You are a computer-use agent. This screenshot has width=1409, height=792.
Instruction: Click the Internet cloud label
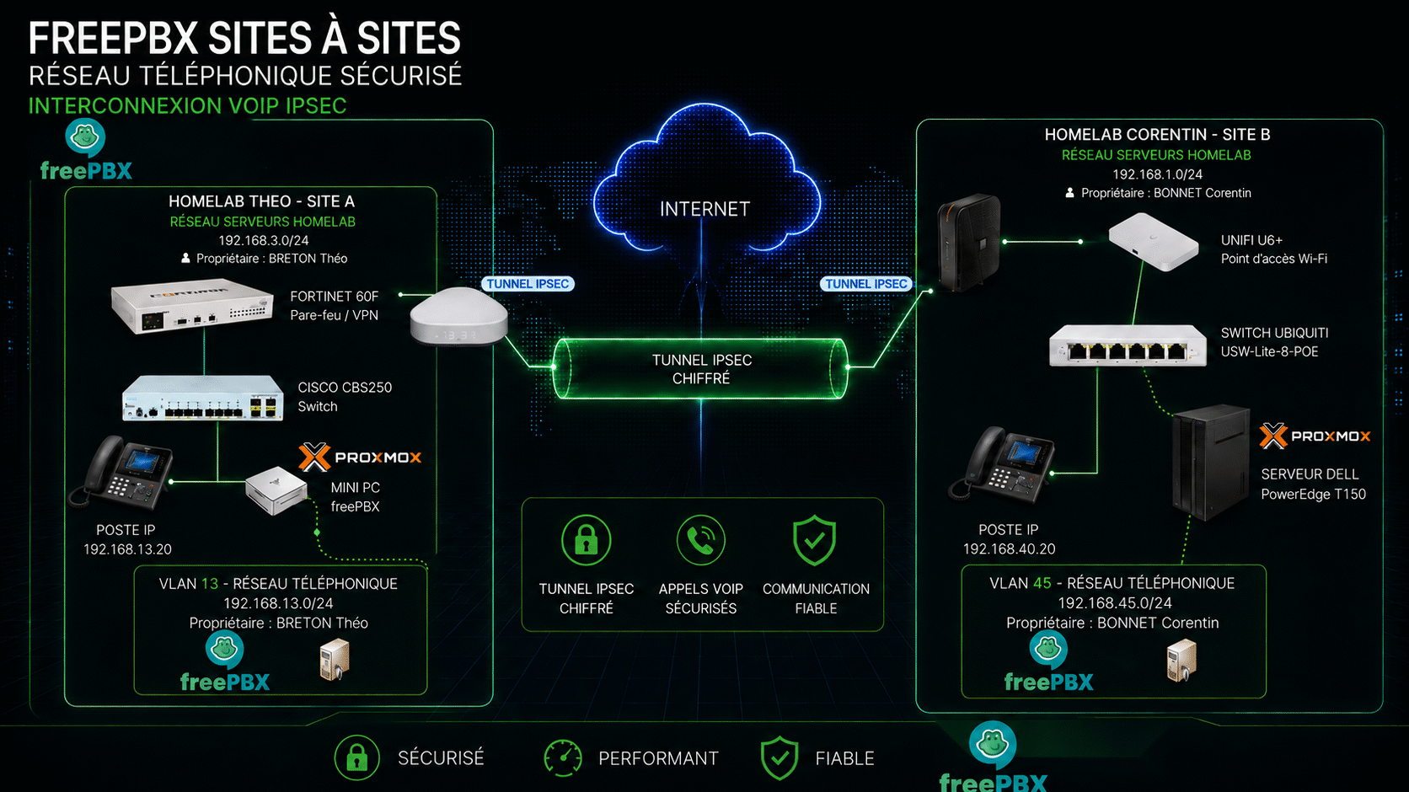(704, 209)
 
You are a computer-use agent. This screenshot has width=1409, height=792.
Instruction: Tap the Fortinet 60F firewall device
(192, 307)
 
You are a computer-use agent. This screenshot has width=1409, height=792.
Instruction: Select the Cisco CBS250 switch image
(202, 398)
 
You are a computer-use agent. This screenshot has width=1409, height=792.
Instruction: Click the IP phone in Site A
(121, 471)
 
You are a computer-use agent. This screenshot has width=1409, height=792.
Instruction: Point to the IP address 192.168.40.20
(1009, 549)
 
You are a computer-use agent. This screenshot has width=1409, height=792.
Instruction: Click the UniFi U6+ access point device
(1153, 242)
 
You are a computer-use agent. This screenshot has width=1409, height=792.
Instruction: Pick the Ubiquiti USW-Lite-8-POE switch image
(1128, 345)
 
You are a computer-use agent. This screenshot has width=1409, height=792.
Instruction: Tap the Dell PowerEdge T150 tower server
(1210, 463)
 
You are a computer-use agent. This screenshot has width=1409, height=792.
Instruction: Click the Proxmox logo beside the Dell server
(1315, 436)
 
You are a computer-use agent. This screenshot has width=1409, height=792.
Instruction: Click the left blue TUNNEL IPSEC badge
(528, 284)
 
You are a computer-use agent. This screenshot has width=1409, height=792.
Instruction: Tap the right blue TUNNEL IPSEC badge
(865, 284)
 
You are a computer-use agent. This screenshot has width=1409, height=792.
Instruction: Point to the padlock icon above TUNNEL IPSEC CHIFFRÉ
(586, 540)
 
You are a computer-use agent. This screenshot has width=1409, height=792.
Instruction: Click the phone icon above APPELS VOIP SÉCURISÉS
(701, 540)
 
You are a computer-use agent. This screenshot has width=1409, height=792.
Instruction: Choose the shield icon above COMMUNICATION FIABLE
(815, 540)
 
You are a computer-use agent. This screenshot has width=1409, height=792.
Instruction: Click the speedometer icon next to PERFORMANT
(562, 758)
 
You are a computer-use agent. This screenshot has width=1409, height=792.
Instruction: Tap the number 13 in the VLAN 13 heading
(210, 584)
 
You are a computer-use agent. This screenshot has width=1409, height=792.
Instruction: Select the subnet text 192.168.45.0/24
(1115, 603)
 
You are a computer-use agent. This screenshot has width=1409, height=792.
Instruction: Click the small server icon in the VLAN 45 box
(1181, 661)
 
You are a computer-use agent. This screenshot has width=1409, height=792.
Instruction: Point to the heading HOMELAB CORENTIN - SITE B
(1157, 135)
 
